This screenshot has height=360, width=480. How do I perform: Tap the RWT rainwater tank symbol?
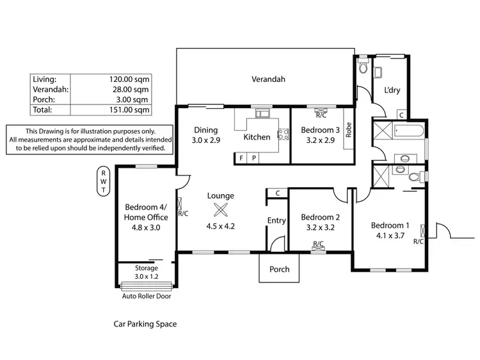coord(102,181)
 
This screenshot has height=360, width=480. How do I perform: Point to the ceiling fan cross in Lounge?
coord(220,210)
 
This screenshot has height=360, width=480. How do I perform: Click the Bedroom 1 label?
coord(390,225)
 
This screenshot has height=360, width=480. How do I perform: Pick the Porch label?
coord(278,269)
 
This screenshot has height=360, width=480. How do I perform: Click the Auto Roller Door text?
coord(147,297)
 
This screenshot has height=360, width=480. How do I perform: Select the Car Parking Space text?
coord(145,324)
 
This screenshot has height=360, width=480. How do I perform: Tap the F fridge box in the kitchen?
coord(242,158)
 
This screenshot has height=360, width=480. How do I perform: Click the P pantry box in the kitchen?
coord(253,158)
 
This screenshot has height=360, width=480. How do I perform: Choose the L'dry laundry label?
coord(392,90)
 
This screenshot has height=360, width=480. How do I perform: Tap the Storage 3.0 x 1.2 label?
coord(146,272)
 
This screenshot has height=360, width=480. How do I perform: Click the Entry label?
coord(276,221)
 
